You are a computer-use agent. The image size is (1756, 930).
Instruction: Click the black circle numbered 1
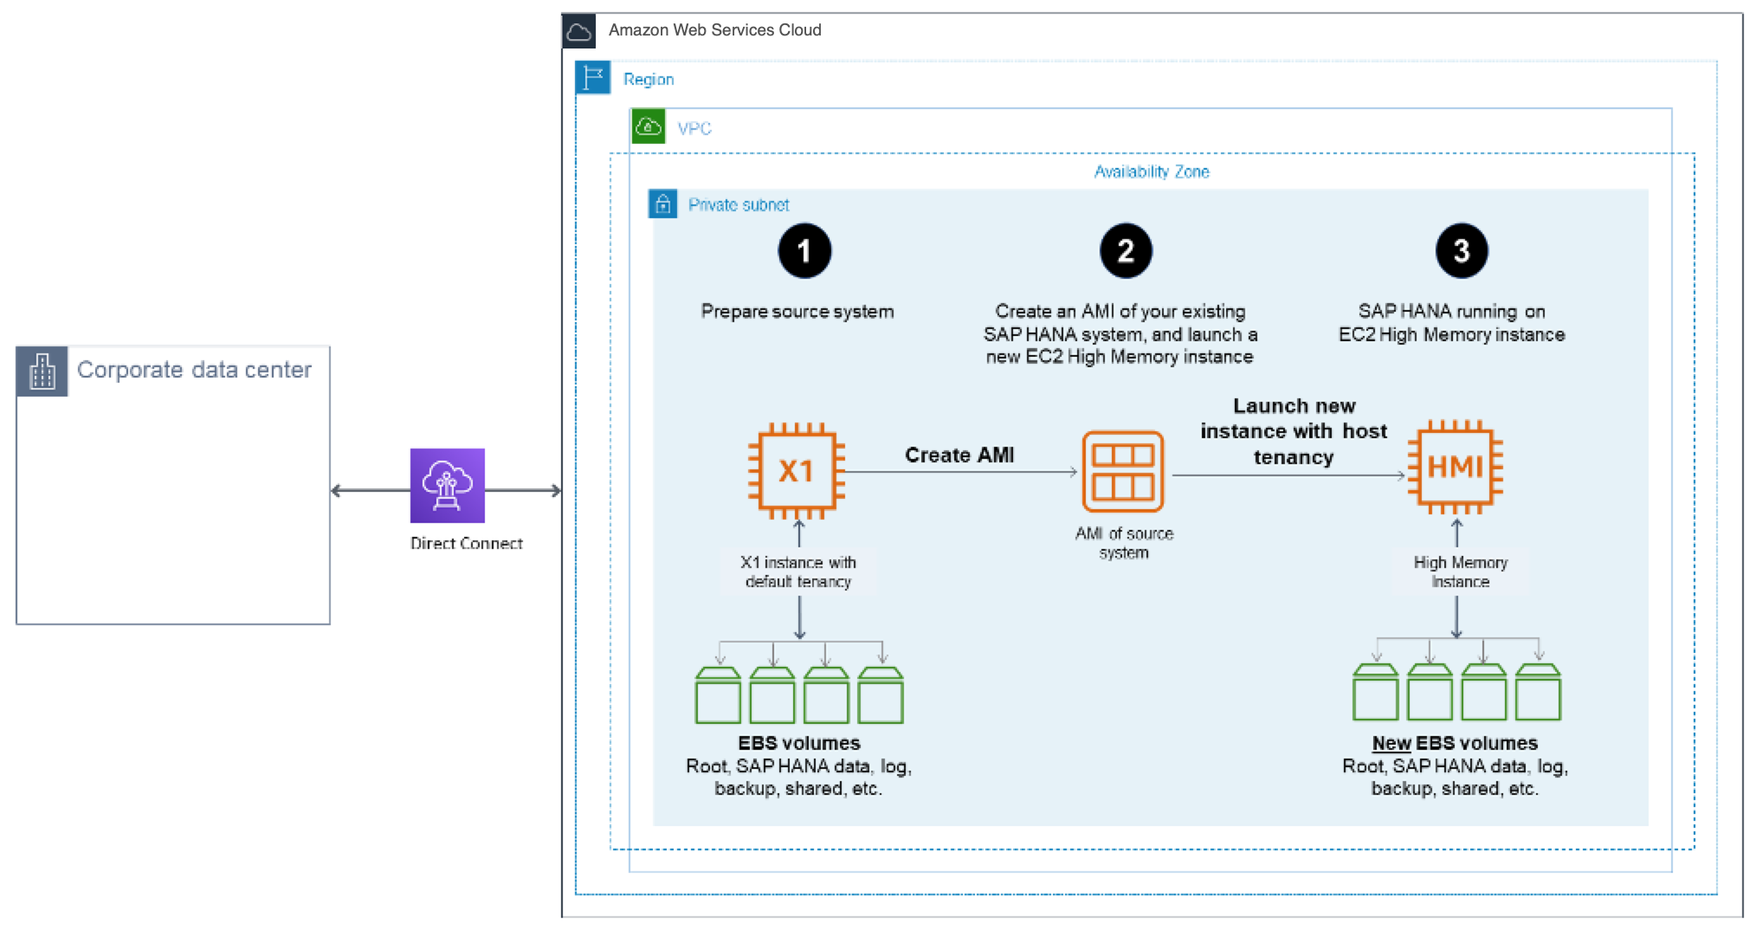pos(804,251)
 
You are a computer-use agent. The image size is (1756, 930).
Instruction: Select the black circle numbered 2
pos(1126,251)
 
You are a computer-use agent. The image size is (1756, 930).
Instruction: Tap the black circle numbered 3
pos(1462,251)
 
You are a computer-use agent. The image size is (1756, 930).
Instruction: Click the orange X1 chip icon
pos(796,470)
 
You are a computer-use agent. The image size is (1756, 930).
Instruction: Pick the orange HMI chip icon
pos(1456,468)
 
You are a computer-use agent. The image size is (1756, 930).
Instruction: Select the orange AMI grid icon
pos(1123,472)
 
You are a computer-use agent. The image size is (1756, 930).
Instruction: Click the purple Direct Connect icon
pos(448,485)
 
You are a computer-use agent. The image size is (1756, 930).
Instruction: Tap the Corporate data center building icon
pos(42,371)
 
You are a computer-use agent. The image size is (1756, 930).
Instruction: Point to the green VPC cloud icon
pos(649,126)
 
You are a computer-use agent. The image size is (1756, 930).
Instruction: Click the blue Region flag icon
pos(593,78)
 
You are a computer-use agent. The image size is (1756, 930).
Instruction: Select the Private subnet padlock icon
pos(663,204)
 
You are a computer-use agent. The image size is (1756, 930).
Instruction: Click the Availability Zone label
pos(1152,171)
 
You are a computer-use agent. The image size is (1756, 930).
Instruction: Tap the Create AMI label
pos(959,455)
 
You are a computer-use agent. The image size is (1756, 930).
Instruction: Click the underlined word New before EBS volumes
pos(1391,743)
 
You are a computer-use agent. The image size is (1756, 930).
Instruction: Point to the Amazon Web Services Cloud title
pos(714,30)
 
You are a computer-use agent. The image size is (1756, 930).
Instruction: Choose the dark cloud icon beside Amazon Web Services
pos(578,32)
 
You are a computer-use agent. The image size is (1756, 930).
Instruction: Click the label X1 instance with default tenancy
pos(797,572)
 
